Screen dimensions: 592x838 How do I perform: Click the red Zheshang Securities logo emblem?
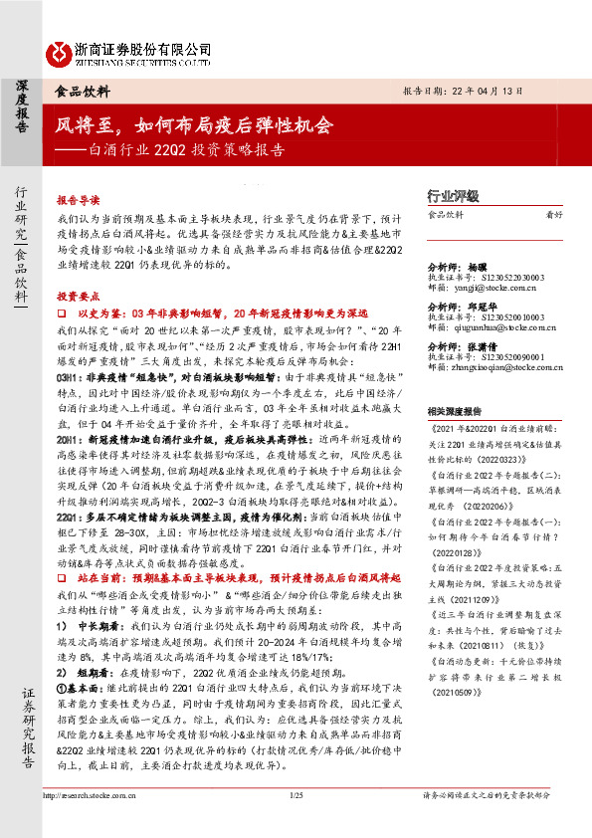[x=58, y=50]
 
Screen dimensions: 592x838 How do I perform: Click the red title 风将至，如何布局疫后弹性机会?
[x=195, y=126]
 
